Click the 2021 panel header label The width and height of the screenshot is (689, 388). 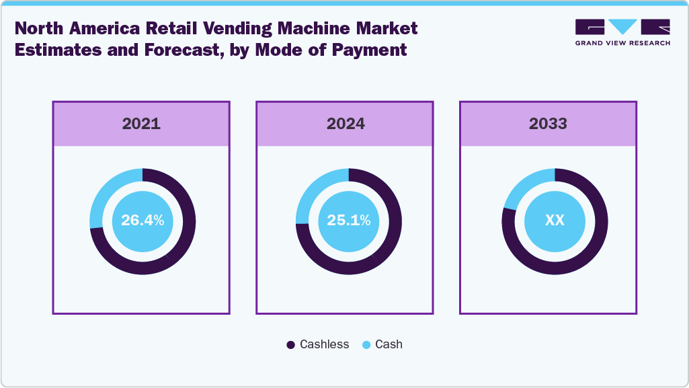click(141, 124)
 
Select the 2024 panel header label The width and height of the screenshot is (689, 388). click(346, 124)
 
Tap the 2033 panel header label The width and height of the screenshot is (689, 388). click(548, 124)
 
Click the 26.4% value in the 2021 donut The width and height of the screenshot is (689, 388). click(142, 221)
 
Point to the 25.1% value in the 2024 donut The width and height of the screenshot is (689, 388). click(348, 221)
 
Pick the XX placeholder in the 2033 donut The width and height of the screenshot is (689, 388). click(555, 221)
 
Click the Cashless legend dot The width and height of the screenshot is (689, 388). click(290, 345)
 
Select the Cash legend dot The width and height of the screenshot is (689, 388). click(366, 345)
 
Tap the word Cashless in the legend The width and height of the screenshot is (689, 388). click(324, 344)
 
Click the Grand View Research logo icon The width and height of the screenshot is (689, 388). click(622, 28)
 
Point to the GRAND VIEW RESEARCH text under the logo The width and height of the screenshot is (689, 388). click(622, 43)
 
